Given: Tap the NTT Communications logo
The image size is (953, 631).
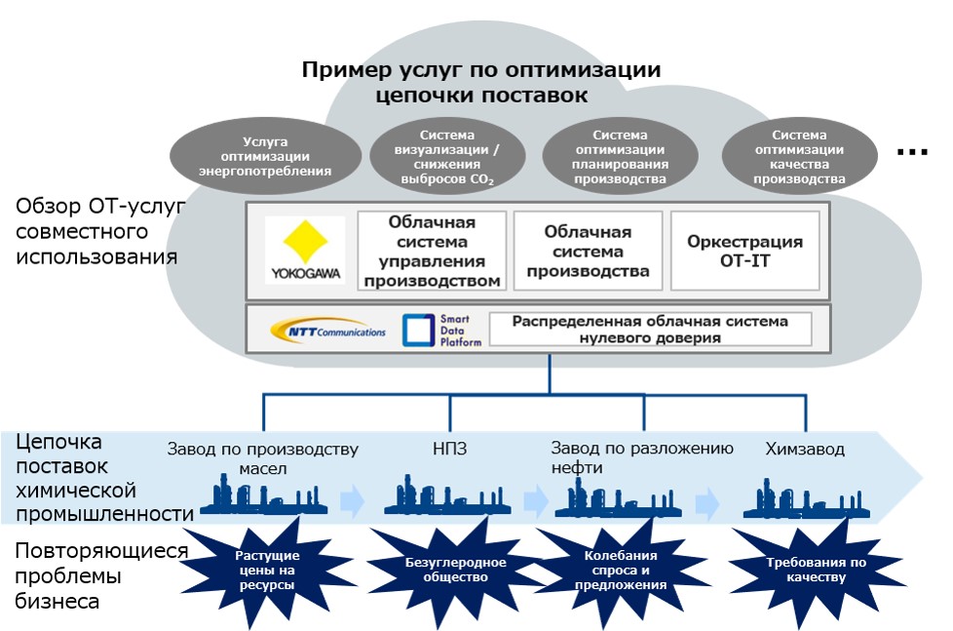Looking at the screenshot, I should (x=328, y=331).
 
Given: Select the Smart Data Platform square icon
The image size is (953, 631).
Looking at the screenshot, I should (x=417, y=331).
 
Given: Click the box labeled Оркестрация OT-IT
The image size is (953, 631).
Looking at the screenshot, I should (x=744, y=251).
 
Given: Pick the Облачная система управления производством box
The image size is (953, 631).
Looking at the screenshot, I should (x=433, y=251).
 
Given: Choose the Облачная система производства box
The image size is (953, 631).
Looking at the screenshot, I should (x=588, y=251).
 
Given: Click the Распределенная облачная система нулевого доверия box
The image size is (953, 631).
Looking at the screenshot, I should (x=650, y=330).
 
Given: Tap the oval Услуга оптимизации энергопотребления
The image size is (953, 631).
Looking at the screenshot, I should (x=265, y=156).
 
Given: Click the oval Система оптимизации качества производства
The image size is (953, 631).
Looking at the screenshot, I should (x=800, y=156).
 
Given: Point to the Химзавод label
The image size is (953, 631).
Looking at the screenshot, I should (x=804, y=450).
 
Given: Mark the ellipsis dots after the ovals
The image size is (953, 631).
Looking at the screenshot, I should (x=913, y=152).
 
